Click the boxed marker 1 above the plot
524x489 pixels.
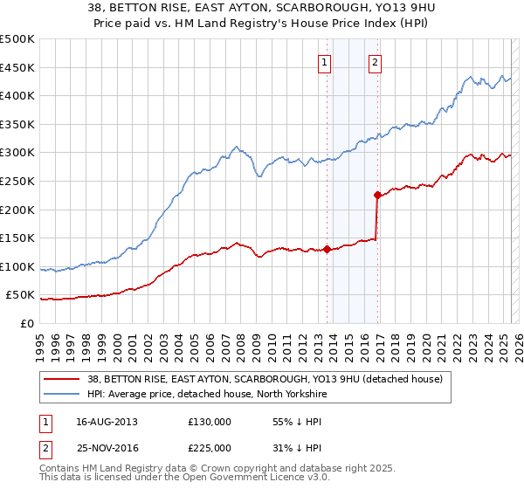[x=324, y=62]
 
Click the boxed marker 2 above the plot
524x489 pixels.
[x=375, y=62]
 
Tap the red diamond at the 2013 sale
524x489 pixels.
[x=327, y=249]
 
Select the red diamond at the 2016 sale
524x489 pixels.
[x=377, y=195]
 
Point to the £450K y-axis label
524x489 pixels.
[x=17, y=67]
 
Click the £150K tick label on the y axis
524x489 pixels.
[x=17, y=238]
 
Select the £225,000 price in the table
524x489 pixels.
[x=209, y=447]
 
